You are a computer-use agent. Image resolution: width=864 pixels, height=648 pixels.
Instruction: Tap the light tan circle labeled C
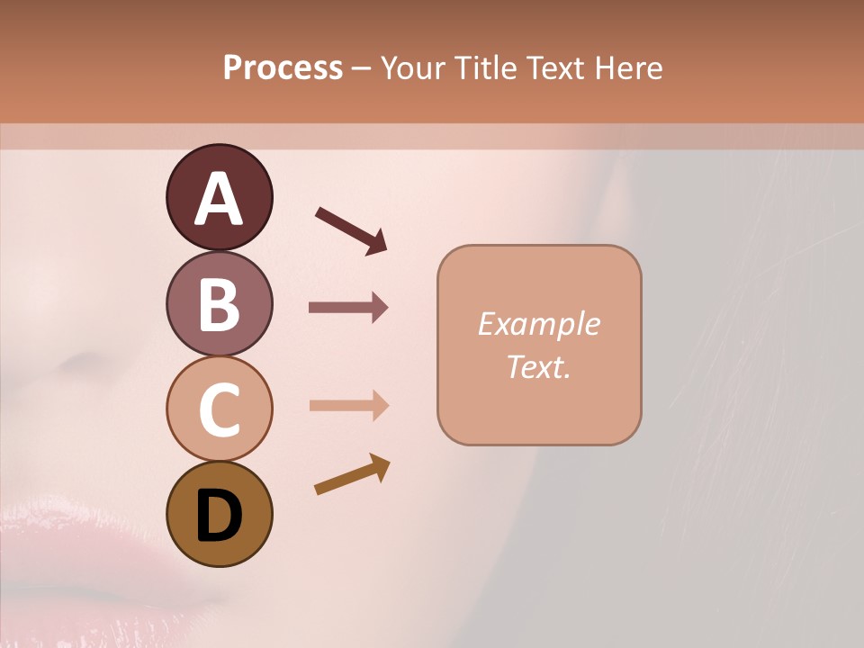219,409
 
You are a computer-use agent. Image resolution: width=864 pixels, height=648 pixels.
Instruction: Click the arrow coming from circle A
351,230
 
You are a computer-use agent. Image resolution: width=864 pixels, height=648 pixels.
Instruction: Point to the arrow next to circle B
348,308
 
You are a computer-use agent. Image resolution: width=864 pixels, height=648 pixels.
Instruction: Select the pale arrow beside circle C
348,406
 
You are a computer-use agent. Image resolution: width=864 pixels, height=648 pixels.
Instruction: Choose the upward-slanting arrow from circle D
352,474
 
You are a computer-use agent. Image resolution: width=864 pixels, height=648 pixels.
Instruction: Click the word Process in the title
283,67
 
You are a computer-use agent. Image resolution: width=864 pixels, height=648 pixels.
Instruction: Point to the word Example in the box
538,324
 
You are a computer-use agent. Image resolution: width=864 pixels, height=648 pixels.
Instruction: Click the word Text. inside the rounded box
538,367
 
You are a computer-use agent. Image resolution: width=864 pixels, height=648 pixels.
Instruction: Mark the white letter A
219,200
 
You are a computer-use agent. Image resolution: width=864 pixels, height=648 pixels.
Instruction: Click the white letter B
219,304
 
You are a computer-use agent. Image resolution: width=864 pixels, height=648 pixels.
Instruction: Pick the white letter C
219,409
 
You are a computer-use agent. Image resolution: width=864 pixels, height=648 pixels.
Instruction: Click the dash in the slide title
362,68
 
